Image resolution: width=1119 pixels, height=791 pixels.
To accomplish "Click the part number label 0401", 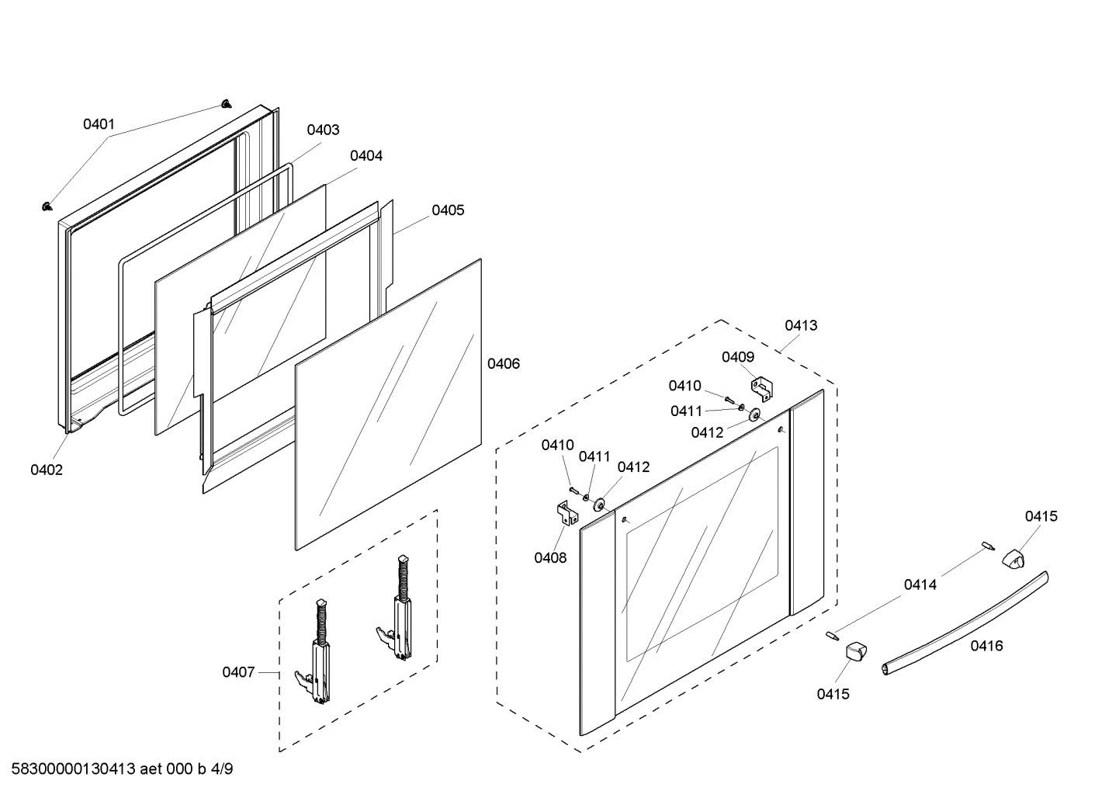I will point(99,124).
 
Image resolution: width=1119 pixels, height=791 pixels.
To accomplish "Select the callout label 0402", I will point(47,470).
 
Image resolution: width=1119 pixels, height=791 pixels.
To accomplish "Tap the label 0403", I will point(323,130).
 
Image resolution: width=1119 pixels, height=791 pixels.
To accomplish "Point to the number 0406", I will point(504,363).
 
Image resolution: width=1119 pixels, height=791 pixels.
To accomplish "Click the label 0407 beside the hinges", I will point(238,672).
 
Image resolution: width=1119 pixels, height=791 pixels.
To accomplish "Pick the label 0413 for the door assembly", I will point(800,325).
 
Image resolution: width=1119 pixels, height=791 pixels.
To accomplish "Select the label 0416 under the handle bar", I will point(986,646).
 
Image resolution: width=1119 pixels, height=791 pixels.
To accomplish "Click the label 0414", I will point(920,585).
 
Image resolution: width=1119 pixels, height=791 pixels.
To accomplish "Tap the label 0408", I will point(550,557).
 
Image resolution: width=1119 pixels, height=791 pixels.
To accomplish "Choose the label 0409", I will point(737,357).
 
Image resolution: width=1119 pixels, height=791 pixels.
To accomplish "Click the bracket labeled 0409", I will point(761,388).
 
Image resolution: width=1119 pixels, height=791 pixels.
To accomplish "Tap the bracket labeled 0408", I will point(566,513).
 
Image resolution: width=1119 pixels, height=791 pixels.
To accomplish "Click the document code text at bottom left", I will point(122,769).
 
